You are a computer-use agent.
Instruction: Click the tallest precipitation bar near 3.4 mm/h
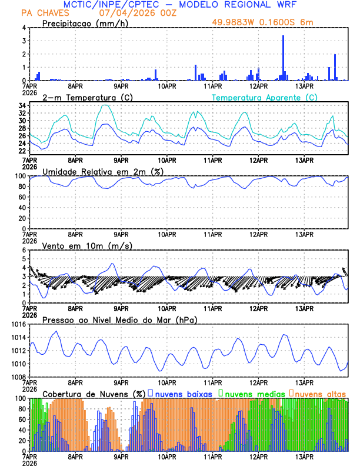click(x=283, y=58)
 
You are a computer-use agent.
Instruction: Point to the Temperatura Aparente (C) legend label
click(x=264, y=97)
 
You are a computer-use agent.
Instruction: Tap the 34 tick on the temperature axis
click(x=21, y=106)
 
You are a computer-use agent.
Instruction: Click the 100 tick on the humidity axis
click(x=19, y=176)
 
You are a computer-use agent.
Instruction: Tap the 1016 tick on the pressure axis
click(x=17, y=324)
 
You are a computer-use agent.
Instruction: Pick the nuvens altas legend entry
click(x=321, y=393)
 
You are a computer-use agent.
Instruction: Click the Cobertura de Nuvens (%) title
click(x=94, y=394)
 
